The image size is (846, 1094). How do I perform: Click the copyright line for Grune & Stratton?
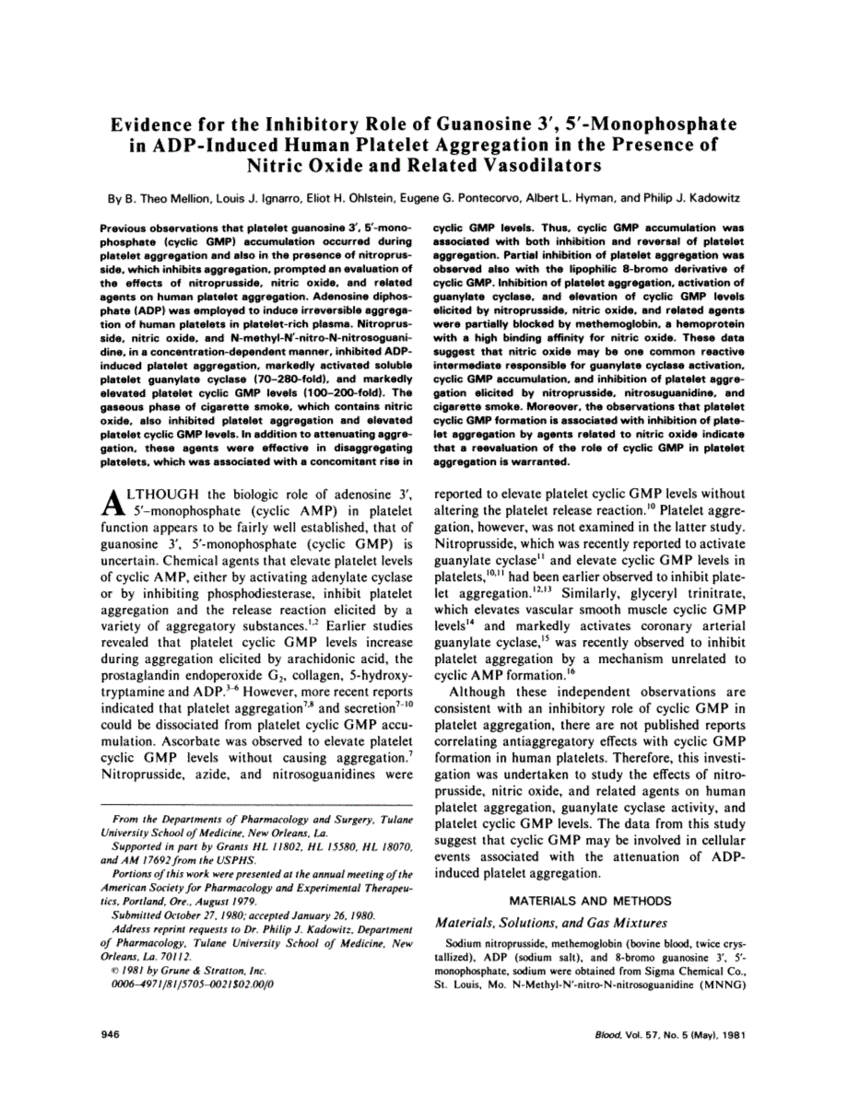pyautogui.click(x=189, y=970)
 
